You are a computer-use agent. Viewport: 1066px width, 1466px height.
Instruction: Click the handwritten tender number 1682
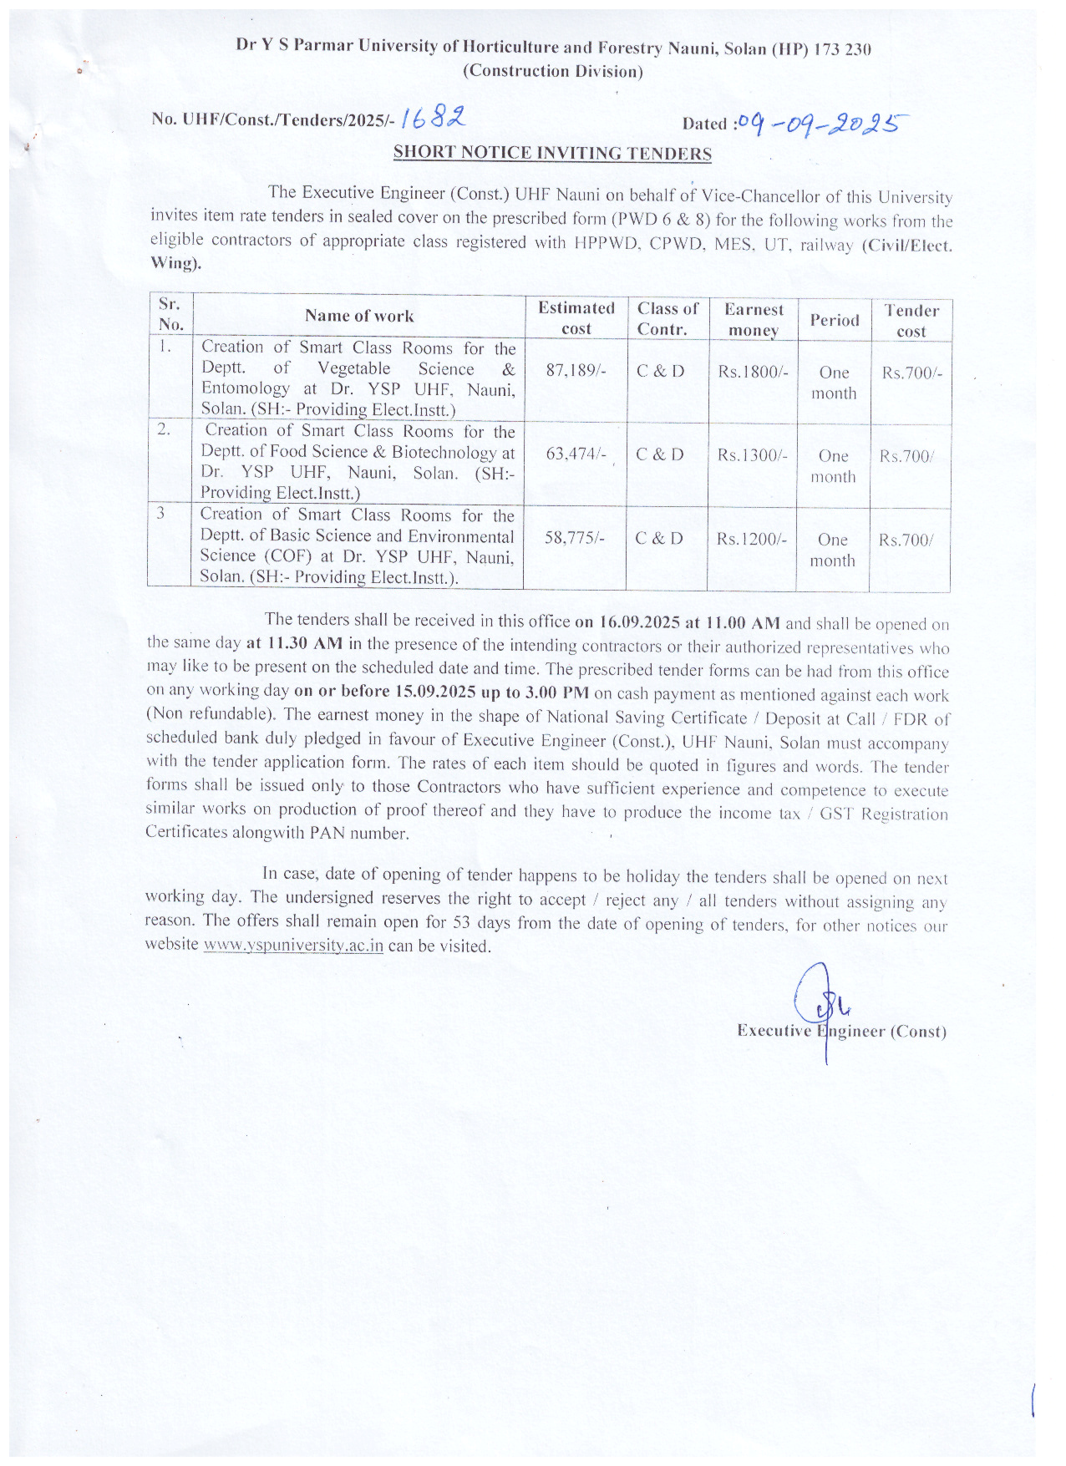pos(433,119)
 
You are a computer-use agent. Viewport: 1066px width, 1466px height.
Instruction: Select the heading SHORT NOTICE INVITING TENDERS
pos(552,153)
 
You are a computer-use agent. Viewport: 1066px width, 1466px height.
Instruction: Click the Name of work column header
pos(359,316)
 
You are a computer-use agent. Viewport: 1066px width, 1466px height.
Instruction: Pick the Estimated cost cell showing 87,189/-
pos(576,370)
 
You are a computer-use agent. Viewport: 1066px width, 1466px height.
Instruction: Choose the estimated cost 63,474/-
pos(576,454)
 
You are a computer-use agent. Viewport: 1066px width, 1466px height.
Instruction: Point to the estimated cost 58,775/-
pos(574,538)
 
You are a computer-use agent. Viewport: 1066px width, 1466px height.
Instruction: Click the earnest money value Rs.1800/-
pos(753,372)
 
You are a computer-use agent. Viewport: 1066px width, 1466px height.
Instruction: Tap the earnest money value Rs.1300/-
pos(752,455)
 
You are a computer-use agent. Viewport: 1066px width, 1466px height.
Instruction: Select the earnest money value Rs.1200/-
pos(751,539)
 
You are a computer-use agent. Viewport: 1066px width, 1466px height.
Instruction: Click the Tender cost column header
pos(911,321)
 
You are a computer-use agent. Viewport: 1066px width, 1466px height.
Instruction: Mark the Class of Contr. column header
pos(668,318)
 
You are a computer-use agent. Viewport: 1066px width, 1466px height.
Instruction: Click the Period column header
pos(834,320)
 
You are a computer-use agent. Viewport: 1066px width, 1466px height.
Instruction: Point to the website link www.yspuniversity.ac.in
pos(293,946)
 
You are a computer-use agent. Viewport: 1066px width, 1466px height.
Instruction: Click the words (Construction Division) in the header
pos(553,71)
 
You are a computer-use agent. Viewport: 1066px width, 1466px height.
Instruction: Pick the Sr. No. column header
pos(170,314)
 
